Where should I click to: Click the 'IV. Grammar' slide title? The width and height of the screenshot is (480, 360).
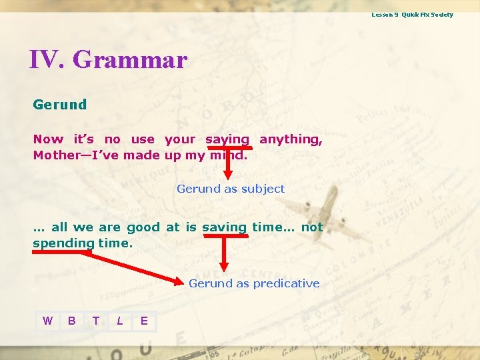(x=108, y=60)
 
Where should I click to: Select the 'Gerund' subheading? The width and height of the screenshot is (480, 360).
(x=60, y=105)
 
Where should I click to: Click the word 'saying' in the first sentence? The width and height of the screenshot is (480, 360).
(x=227, y=139)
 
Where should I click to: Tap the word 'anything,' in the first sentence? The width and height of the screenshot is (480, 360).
(x=291, y=139)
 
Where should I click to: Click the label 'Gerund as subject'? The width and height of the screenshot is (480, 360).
(x=231, y=189)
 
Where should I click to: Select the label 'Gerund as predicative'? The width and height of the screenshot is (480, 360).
(x=254, y=283)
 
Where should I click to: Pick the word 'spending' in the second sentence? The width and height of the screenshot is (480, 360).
(x=63, y=243)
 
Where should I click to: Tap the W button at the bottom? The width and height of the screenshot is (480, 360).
(x=47, y=321)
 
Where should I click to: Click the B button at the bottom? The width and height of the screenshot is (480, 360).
(x=71, y=321)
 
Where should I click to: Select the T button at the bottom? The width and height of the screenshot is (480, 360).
(x=95, y=321)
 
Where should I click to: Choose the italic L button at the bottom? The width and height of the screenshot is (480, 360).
(x=119, y=321)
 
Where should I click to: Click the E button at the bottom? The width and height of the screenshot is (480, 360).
(x=144, y=321)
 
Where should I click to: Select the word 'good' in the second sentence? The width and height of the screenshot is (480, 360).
(x=143, y=227)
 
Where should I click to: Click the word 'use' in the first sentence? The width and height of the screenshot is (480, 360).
(x=143, y=139)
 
